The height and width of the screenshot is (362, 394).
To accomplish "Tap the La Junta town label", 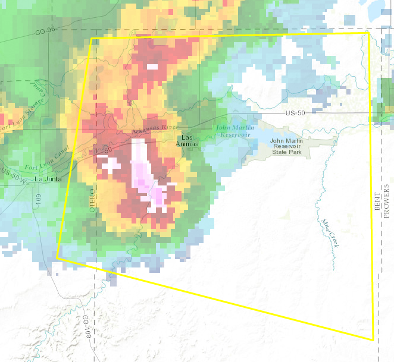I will [x=47, y=179].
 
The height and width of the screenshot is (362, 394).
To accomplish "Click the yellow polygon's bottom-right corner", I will [x=373, y=340].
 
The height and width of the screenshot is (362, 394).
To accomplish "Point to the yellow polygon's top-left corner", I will [x=92, y=39].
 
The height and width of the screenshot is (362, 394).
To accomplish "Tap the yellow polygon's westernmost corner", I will [x=57, y=258].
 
